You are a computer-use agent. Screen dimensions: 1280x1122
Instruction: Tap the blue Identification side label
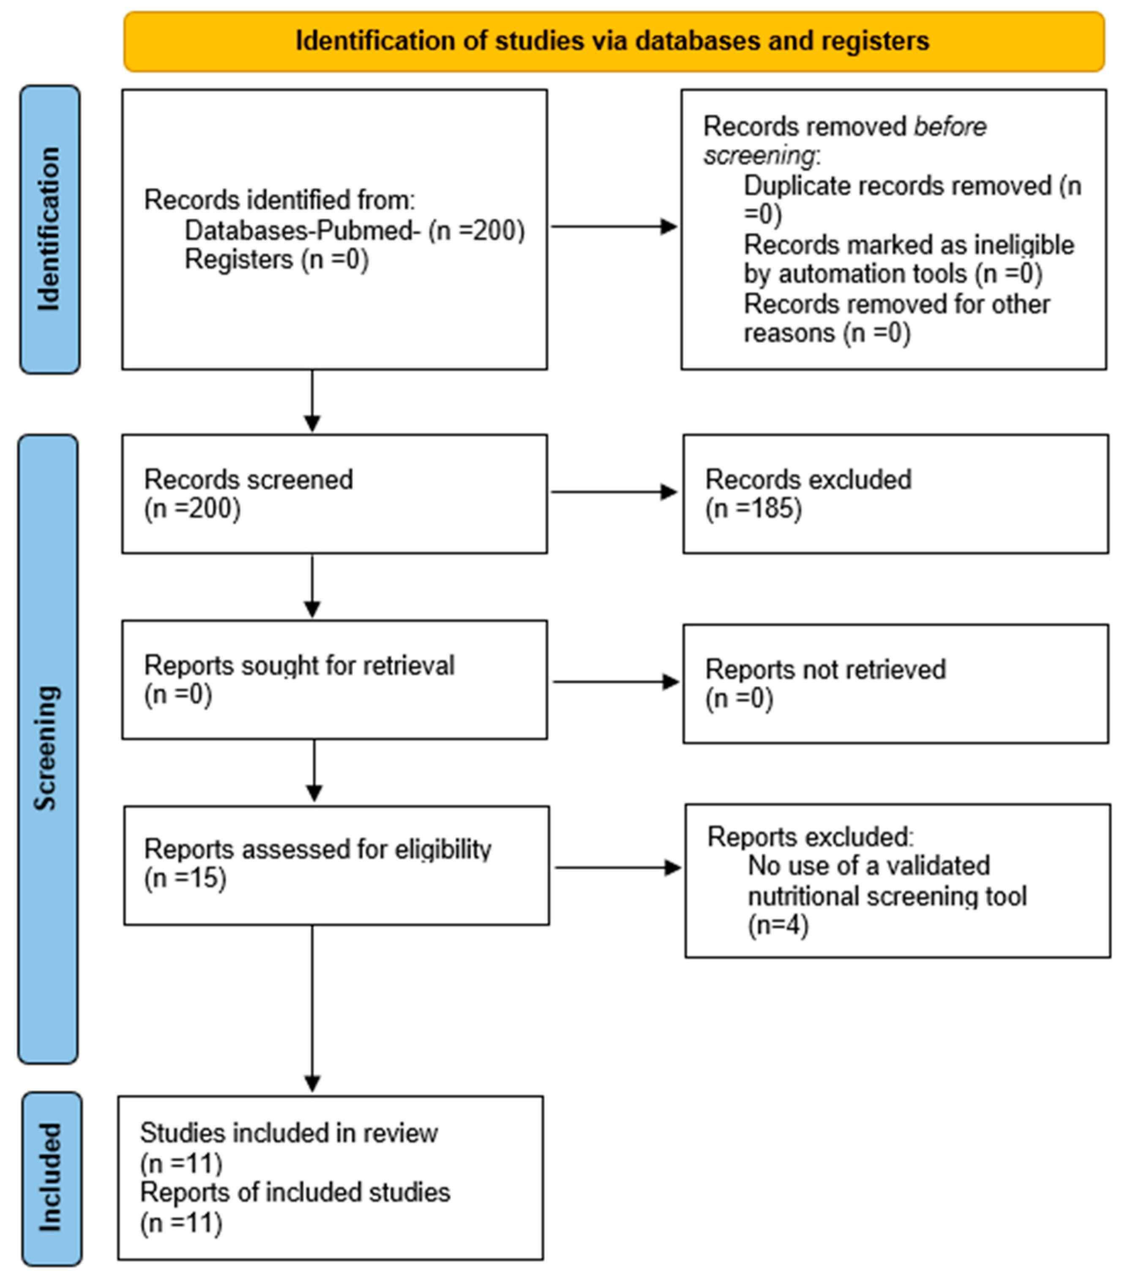(x=49, y=229)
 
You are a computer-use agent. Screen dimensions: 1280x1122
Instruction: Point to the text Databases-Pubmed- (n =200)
(x=355, y=231)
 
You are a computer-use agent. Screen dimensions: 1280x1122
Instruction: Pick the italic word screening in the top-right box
(x=759, y=155)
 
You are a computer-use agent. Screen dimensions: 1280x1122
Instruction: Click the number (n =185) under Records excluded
(x=753, y=508)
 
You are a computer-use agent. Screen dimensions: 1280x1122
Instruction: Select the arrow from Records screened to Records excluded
(x=614, y=493)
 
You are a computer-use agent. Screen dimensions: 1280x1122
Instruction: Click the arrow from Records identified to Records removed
(x=614, y=226)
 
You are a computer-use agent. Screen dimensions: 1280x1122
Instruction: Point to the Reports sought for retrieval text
(x=299, y=665)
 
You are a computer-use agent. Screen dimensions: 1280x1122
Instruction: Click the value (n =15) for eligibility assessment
(x=186, y=878)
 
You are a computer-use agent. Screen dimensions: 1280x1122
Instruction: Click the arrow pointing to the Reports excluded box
(x=617, y=868)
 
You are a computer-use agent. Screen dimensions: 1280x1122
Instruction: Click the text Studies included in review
(x=289, y=1133)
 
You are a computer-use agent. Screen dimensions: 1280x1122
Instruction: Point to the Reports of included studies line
(x=295, y=1193)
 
